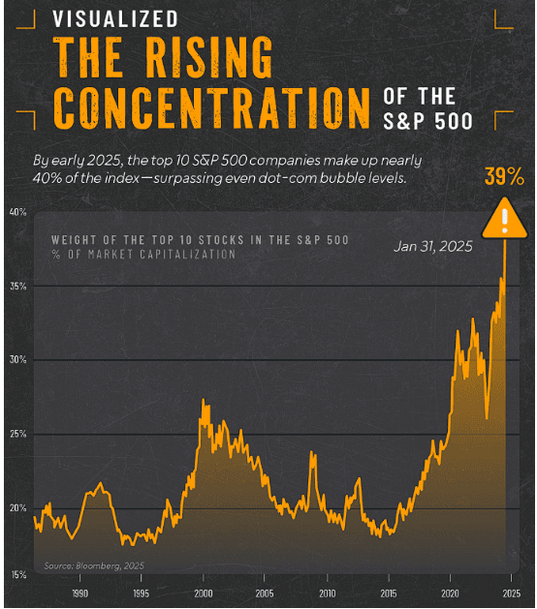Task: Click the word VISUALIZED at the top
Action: pos(115,19)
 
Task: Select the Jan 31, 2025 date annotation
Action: pos(433,247)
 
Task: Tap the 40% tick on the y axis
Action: pos(18,211)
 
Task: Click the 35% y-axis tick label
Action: pos(18,286)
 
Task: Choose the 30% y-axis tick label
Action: pos(18,359)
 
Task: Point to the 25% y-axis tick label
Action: pos(18,433)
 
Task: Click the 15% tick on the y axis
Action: pos(18,575)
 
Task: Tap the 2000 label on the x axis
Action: pos(204,594)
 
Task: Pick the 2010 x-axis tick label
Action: pos(327,594)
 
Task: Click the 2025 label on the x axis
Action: pos(511,594)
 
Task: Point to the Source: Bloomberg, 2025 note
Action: pos(93,565)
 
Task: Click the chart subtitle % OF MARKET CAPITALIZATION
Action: pos(142,255)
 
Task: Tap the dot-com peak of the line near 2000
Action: pos(203,400)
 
